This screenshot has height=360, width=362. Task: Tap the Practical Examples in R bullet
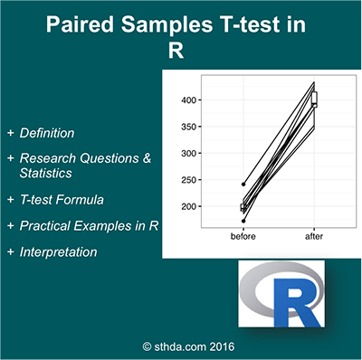[90, 225]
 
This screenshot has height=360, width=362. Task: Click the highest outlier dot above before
[243, 185]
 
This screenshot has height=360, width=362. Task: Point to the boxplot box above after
[314, 99]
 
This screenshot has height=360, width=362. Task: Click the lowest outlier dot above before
[243, 220]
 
